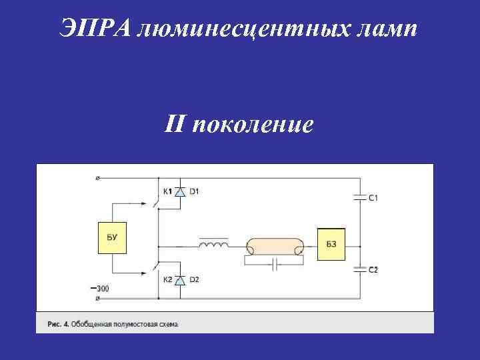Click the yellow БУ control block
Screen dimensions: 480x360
tap(112, 237)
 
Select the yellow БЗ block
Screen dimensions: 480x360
tap(331, 244)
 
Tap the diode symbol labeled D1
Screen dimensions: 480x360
tap(179, 192)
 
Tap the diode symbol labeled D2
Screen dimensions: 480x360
tap(179, 281)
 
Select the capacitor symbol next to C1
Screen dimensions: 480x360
tap(360, 197)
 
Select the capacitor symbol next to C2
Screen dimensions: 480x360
tap(360, 269)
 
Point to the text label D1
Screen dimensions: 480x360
tap(194, 192)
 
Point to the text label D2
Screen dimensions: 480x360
tap(194, 281)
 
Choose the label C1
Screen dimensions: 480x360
tap(374, 197)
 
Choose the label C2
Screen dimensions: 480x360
tap(374, 270)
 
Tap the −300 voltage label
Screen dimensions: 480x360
tap(99, 288)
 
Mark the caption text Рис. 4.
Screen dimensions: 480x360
tap(57, 324)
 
